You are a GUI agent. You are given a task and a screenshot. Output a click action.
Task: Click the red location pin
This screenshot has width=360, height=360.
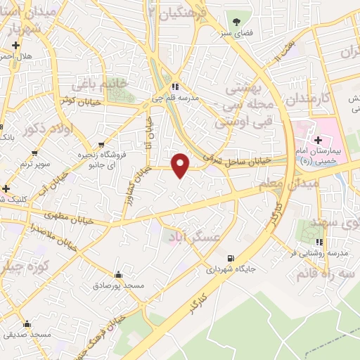(x=181, y=165)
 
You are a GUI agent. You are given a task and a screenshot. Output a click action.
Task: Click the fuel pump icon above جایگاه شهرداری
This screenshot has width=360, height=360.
(x=229, y=257)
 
